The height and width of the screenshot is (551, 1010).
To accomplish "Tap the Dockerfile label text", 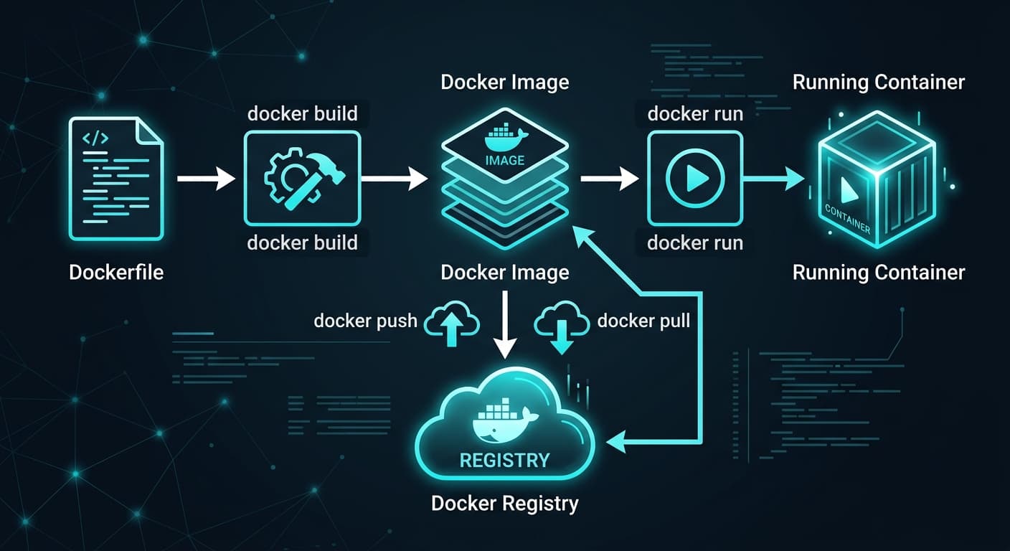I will coord(116,273).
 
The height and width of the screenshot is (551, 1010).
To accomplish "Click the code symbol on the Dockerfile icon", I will coord(95,138).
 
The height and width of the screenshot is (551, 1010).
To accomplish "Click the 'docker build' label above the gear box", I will coord(302,114).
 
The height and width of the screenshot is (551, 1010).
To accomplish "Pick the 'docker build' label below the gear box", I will coord(302,242).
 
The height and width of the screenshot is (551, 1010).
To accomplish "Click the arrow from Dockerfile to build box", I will coord(205,179).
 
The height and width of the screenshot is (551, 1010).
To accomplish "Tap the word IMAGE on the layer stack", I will coord(505,160).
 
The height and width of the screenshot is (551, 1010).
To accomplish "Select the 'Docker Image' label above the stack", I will coord(504,82).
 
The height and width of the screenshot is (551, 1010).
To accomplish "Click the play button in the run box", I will coord(694,179).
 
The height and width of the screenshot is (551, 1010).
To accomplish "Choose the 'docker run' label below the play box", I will coord(694,242).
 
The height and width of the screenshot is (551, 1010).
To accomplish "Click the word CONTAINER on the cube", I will coord(847,219).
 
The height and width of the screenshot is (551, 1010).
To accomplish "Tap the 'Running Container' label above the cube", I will coord(878,82).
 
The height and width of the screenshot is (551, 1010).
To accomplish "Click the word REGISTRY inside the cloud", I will coord(504,460).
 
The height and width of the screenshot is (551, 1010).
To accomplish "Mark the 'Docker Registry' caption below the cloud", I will coord(504,503).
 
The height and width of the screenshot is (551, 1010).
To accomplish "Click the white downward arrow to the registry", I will coord(506,323).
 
